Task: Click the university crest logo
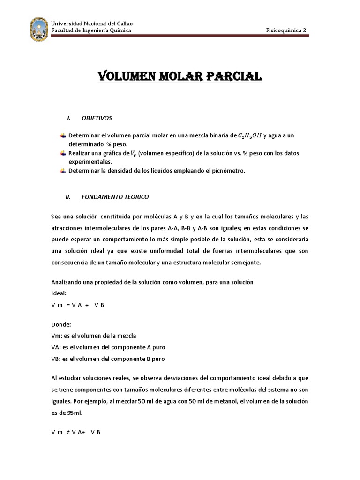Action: (x=39, y=29)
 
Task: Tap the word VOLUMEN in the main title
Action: (x=123, y=77)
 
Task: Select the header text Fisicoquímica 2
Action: (x=286, y=30)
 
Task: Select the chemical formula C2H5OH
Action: (x=250, y=135)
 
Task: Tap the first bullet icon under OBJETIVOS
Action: (x=63, y=135)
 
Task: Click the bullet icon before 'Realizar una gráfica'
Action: (x=63, y=153)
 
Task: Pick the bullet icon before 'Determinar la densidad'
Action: (x=63, y=171)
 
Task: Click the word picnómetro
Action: (x=228, y=171)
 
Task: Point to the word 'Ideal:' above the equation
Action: (x=59, y=293)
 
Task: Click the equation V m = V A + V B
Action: (x=77, y=305)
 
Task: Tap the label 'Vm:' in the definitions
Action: (x=56, y=335)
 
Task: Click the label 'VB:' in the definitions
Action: (x=56, y=359)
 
